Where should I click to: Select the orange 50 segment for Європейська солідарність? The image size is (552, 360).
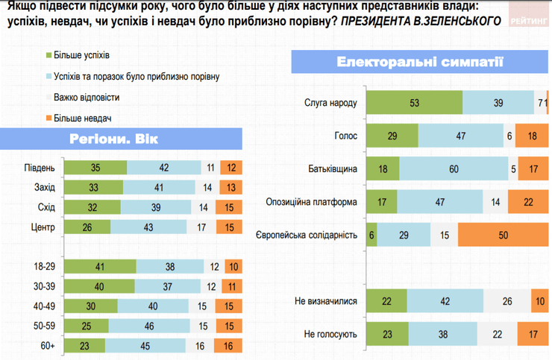[502, 235]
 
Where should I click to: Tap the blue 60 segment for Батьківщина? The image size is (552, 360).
[454, 168]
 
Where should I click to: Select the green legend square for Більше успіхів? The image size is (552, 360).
[49, 55]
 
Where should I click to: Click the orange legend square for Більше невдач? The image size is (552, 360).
[49, 118]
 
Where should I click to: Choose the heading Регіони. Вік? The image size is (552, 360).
[114, 139]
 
